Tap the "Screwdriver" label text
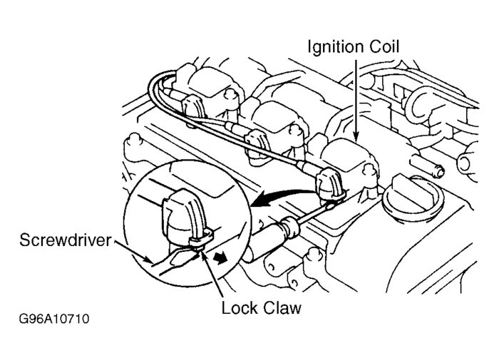click(x=63, y=240)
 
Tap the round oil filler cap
click(x=406, y=203)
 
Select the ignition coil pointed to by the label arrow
click(x=349, y=160)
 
